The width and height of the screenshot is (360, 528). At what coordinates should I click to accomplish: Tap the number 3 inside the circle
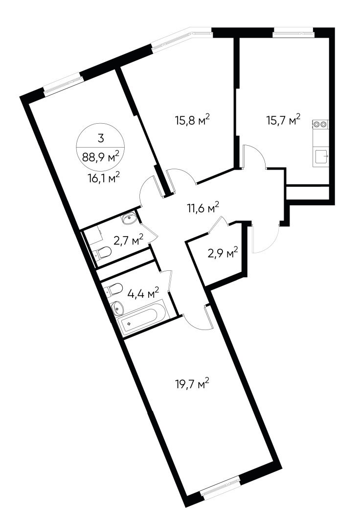(100, 138)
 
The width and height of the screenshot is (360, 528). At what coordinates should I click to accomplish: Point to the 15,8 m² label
(193, 119)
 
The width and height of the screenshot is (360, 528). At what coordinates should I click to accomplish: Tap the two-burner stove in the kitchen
(320, 124)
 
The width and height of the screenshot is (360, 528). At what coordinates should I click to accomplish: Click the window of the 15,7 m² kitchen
(293, 33)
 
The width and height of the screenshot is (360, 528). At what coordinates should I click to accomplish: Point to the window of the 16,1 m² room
(63, 87)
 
